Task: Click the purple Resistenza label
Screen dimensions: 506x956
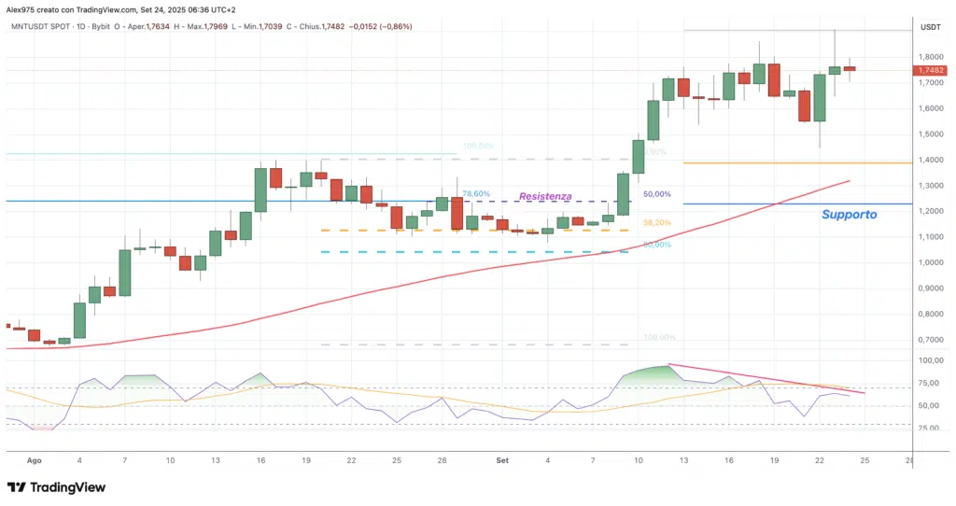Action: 545,198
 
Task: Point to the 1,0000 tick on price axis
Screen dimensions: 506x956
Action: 930,262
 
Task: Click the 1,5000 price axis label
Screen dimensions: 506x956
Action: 930,134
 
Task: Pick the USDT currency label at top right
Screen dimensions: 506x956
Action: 930,27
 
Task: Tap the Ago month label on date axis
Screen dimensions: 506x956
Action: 35,460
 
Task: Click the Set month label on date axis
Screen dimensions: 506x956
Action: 502,460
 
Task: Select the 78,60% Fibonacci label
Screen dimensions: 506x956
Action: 475,194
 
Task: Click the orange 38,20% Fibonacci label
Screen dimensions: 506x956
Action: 657,223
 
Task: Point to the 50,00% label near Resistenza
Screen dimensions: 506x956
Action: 657,194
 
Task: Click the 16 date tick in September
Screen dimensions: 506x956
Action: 729,460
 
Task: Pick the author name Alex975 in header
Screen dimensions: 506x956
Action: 23,8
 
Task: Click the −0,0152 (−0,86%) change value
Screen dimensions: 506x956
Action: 378,26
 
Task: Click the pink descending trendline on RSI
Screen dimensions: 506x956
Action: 766,378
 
